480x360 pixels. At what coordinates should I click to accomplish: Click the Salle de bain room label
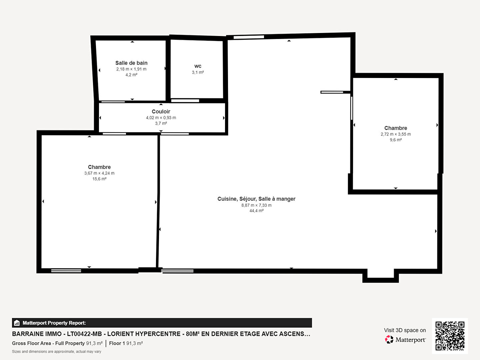131,63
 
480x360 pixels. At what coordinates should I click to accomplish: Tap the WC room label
198,66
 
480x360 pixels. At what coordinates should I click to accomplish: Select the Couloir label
161,111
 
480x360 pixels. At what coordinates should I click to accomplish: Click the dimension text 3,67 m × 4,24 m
99,173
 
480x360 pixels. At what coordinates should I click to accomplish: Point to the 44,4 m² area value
257,211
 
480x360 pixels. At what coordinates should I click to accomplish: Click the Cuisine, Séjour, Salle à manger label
256,199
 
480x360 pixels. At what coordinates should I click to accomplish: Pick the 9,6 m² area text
396,140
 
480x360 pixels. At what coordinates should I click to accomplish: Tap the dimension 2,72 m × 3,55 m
396,134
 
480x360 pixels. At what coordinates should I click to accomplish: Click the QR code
450,336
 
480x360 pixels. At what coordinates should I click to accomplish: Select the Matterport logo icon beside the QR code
389,339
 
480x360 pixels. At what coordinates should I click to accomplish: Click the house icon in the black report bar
17,323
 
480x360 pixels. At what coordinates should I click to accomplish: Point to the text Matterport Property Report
54,323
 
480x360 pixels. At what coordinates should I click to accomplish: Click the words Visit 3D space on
405,330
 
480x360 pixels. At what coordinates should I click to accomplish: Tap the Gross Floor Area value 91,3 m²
94,343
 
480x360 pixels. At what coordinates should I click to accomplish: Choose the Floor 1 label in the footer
117,343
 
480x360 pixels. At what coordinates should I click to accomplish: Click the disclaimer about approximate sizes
56,351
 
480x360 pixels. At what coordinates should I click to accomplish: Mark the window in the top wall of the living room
249,37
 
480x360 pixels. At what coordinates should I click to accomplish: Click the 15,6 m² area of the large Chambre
99,179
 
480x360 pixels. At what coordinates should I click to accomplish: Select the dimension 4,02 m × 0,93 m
161,118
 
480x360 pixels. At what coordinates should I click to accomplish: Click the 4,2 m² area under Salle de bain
131,75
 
